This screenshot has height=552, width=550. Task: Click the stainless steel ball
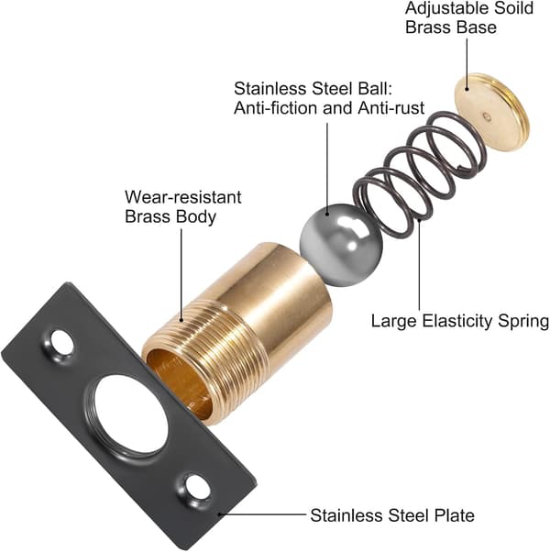[x=341, y=245]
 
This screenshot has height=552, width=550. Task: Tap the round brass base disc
[x=491, y=112]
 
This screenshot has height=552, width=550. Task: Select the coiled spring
[x=419, y=175]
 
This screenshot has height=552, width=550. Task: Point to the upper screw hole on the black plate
[x=62, y=342]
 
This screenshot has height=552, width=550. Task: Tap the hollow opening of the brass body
[x=181, y=383]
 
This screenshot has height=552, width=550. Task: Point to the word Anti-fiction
[x=276, y=107]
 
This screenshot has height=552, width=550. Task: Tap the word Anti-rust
[x=391, y=107]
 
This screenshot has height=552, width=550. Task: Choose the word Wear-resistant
[x=183, y=197]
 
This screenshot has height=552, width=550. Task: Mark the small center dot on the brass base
[x=488, y=116]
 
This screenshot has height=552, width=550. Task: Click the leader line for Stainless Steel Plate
[x=262, y=514]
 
